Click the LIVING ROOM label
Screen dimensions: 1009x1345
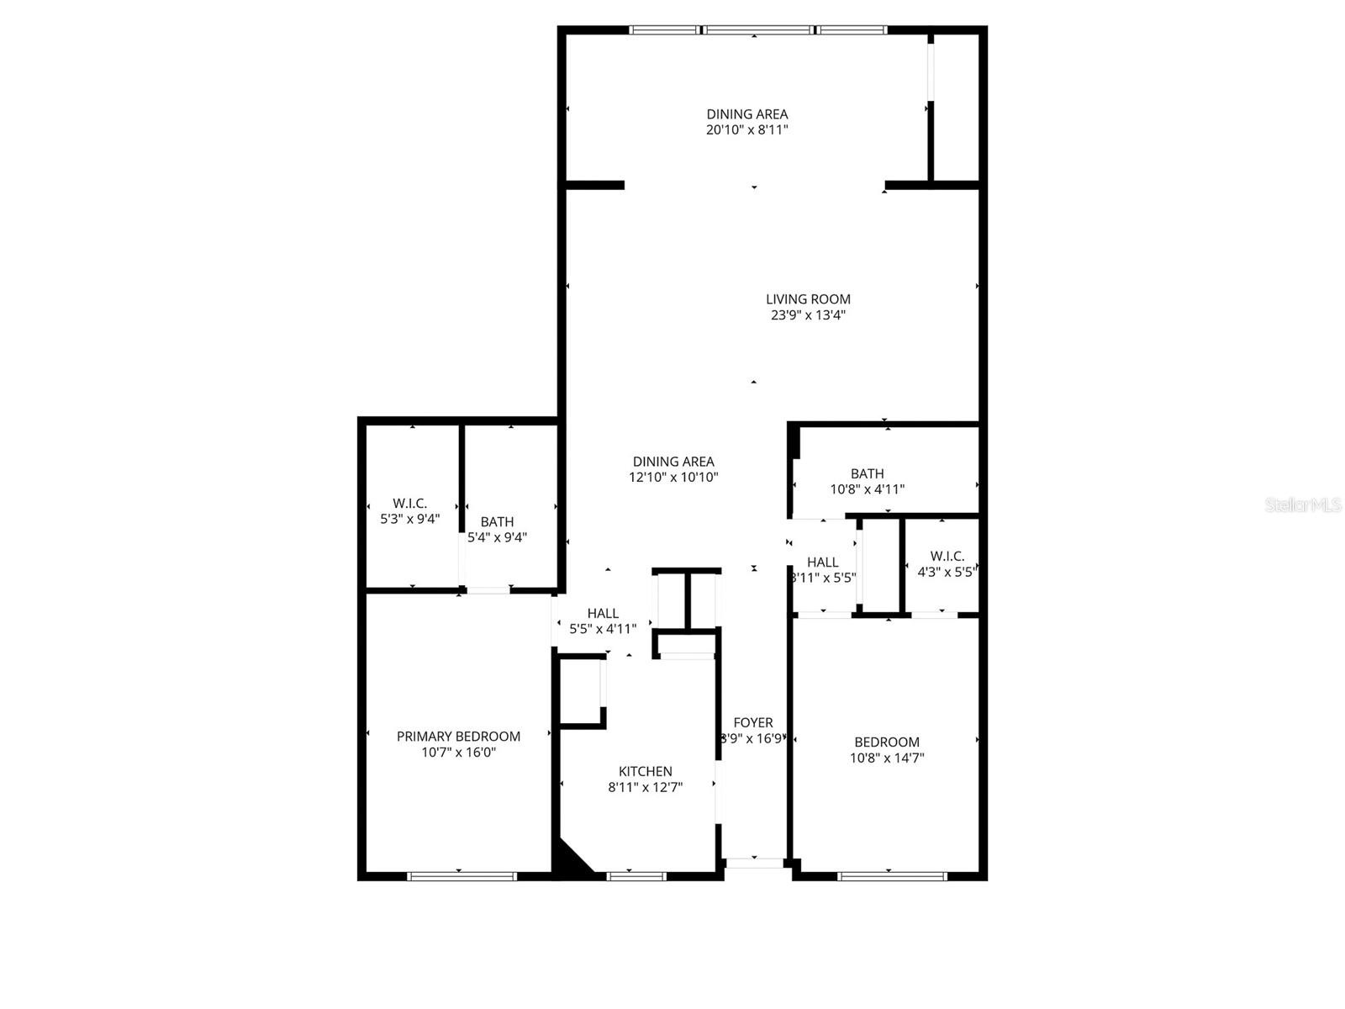808,298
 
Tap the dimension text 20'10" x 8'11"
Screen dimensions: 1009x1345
746,130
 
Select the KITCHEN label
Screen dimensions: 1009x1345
645,771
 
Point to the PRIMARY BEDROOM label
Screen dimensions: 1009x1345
458,736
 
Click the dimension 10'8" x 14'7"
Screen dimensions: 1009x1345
887,758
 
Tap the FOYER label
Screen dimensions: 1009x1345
753,722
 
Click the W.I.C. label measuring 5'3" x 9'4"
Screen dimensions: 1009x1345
409,503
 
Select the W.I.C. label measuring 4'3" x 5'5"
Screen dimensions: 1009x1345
947,556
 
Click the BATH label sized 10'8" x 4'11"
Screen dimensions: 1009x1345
867,473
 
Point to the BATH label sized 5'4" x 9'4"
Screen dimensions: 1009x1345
497,521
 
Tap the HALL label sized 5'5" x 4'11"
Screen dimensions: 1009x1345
603,613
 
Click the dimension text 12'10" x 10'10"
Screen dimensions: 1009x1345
673,477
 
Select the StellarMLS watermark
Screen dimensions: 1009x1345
1303,505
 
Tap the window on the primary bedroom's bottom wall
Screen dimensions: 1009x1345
462,876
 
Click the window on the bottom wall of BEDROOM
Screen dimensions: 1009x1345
892,876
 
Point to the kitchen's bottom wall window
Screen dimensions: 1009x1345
636,876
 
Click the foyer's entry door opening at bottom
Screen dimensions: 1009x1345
754,863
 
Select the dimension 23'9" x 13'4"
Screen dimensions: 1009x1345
808,315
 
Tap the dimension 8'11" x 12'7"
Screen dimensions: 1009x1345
645,788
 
